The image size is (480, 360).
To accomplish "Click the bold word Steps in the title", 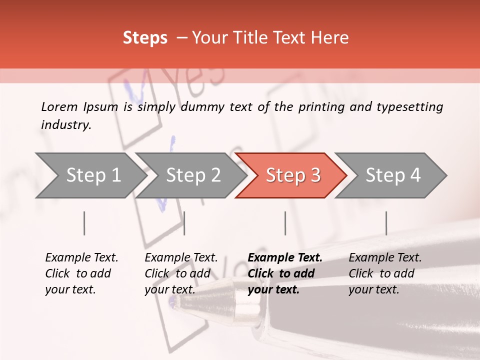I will coord(145,38).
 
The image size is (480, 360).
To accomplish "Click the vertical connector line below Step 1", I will coord(84,223).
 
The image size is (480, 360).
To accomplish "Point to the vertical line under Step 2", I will coord(184,223).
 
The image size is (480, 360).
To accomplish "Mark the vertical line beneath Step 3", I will coord(285,223).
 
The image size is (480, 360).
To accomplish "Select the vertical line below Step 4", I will coord(386,223).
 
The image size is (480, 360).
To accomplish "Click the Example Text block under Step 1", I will coord(81,273).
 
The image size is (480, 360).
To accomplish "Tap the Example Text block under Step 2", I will coord(181,273).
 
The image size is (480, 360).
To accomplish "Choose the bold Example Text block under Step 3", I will coord(285,273).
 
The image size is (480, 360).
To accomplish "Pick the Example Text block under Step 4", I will coord(385,273).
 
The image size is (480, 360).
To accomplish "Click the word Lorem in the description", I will coord(59,107).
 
